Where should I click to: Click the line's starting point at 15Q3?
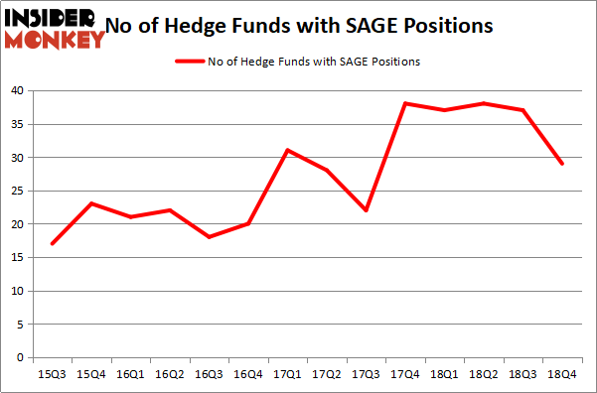[x=52, y=243]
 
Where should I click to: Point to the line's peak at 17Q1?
[x=287, y=150]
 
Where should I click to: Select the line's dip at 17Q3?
[x=366, y=210]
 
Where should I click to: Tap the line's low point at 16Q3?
[x=209, y=237]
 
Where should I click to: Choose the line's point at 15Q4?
[x=90, y=203]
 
